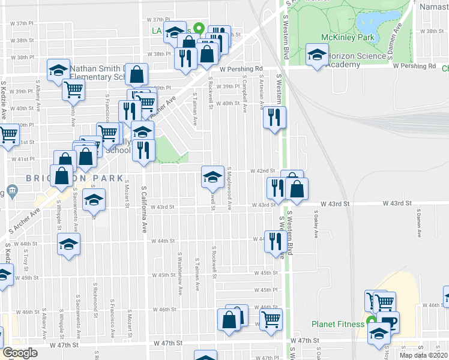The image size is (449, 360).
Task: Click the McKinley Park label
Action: tap(348, 38)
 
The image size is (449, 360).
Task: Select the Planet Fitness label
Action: tap(337, 324)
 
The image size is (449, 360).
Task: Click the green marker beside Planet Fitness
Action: tap(369, 324)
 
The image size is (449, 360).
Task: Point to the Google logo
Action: tap(20, 353)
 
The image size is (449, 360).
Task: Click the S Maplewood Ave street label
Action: tap(230, 187)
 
